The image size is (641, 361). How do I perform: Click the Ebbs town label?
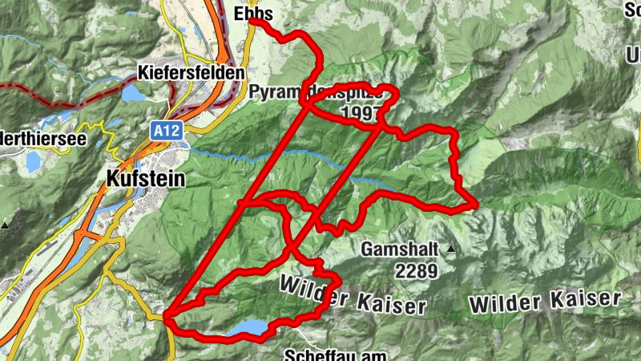pyautogui.click(x=254, y=14)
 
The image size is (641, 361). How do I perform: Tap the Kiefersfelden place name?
pyautogui.click(x=191, y=72)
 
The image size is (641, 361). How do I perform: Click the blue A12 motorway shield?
pyautogui.click(x=162, y=128)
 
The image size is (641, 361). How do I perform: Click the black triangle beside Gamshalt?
pyautogui.click(x=450, y=249)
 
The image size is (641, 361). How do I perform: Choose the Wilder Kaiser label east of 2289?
pyautogui.click(x=545, y=302)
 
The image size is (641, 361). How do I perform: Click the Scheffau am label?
pyautogui.click(x=336, y=354)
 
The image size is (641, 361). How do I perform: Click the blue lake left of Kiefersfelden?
pyautogui.click(x=131, y=94)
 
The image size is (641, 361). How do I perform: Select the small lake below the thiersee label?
pyautogui.click(x=33, y=163)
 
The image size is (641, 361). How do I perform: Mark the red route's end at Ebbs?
pyautogui.click(x=252, y=22)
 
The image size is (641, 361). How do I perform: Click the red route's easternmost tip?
pyautogui.click(x=477, y=205)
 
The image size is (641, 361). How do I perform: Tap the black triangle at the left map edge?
pyautogui.click(x=5, y=225)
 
